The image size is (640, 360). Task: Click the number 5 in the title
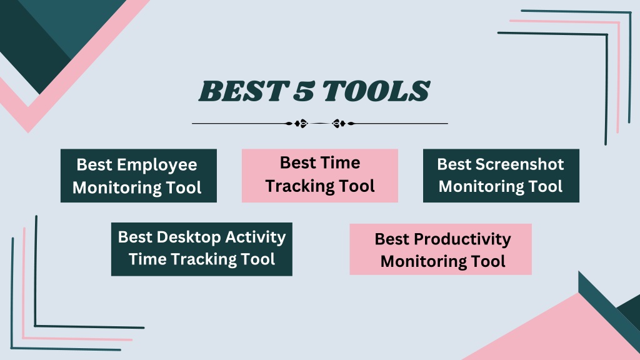point(304,91)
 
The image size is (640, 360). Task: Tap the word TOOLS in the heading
point(376,91)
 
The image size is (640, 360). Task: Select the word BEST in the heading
point(243,91)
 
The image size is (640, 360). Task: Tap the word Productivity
point(462,239)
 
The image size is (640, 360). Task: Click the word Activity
point(256,237)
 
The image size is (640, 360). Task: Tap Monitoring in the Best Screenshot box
point(482,186)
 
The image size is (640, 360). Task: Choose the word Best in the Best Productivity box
point(392,239)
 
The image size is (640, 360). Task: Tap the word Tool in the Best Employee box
point(184,187)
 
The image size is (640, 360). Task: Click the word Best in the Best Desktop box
point(135,237)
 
